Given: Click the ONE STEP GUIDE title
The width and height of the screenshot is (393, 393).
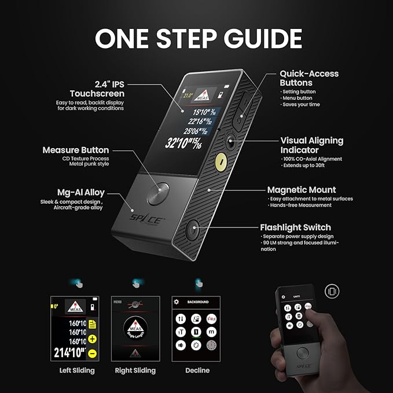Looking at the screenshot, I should tap(197, 38).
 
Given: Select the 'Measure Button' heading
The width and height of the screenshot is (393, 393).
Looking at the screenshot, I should tap(75, 150).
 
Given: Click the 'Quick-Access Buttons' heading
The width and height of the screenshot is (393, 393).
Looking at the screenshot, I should tap(309, 78).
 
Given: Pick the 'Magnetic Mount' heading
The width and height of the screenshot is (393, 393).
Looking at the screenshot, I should tap(301, 190).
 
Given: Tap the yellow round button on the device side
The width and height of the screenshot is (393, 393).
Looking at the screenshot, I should tap(220, 162).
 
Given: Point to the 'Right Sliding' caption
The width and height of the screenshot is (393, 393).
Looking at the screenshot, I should tap(136, 370).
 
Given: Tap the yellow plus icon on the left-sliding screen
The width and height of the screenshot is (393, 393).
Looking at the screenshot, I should tap(93, 339).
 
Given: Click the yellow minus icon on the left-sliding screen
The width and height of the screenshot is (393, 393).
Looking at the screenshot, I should tap(93, 352).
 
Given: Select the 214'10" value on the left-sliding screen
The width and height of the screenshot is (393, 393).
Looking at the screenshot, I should tap(68, 352).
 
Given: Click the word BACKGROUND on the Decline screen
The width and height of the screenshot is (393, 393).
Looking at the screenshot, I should tap(197, 302).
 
